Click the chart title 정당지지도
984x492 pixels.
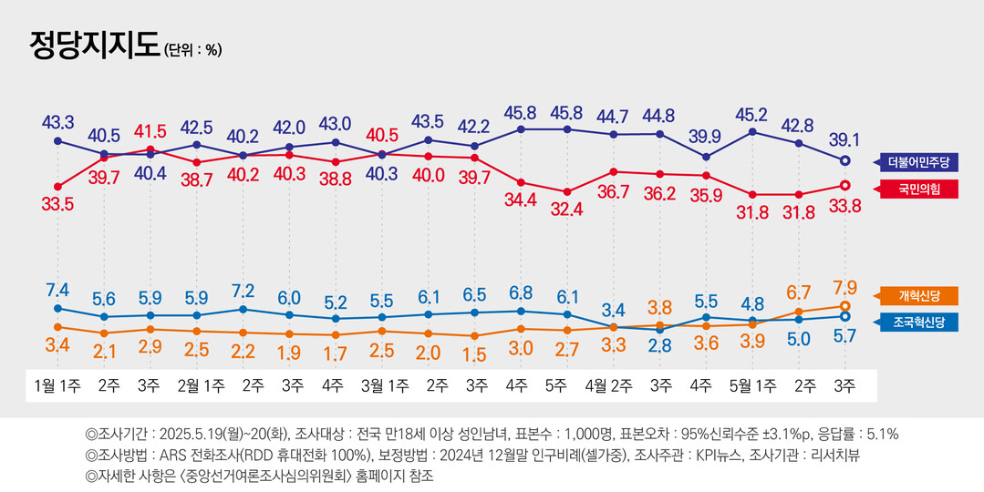point(94,46)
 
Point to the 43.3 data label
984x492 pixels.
point(57,121)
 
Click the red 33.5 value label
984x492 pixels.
point(57,205)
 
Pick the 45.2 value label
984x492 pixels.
point(752,114)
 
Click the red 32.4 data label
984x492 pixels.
point(567,210)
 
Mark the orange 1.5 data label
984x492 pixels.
point(474,354)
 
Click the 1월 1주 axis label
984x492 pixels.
point(57,386)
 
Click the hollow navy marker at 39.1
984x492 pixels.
point(844,160)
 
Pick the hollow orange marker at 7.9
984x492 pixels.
point(844,306)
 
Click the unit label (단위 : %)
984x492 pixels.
point(192,50)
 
